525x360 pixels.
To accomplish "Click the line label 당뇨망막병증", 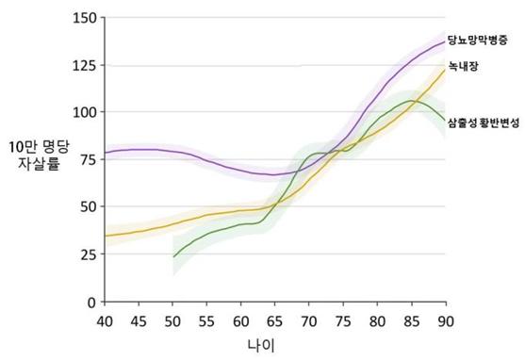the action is pos(478,40).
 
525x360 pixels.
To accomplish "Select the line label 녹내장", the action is pos(463,66).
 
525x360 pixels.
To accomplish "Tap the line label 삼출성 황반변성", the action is pos(484,123).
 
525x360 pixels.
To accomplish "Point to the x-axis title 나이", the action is pos(261,345).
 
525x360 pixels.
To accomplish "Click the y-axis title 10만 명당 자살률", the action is pos(39,155).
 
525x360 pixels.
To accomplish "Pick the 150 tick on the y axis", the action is pos(85,18).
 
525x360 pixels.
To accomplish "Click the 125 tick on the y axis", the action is pos(85,65).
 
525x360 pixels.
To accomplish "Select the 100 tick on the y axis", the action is pos(85,112).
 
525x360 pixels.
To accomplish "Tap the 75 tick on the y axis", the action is pos(89,159).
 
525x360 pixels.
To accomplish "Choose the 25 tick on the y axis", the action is pos(89,254).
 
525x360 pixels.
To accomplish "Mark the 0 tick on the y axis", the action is pos(92,303).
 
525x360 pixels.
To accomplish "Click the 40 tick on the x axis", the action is pos(105,321).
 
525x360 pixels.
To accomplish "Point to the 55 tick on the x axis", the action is pos(206,321).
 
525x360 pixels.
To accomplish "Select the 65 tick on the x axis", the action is pos(274,321).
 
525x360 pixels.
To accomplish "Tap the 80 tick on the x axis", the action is pos(377,321).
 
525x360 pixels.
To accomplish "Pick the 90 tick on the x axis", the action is pos(445,321).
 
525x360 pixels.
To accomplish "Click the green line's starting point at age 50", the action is pos(173,257).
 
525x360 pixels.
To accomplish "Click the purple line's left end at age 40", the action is pos(106,153).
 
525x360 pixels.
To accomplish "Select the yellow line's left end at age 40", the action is pos(106,236).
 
